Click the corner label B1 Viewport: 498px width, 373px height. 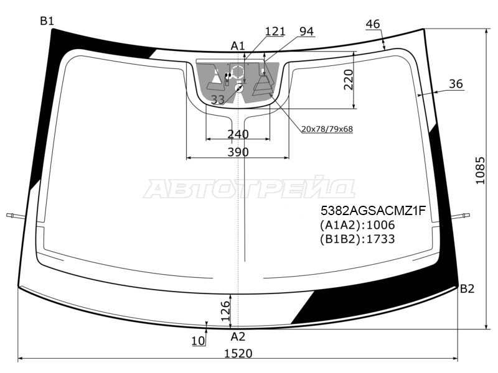click(x=47, y=21)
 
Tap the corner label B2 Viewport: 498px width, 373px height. click(x=467, y=288)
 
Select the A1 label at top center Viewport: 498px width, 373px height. click(x=238, y=46)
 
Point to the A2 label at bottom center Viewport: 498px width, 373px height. click(x=238, y=336)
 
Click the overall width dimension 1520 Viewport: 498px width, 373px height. click(x=238, y=353)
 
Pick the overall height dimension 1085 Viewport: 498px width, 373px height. click(x=480, y=170)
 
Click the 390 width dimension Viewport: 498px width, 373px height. click(x=238, y=152)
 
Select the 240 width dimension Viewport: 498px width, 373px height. click(x=238, y=134)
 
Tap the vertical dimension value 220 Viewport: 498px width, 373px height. click(x=349, y=80)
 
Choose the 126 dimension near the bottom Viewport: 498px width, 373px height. click(x=225, y=311)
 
